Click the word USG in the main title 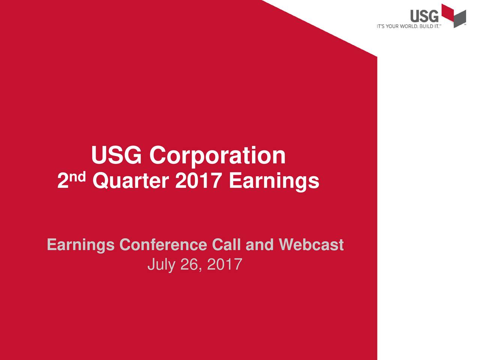(x=117, y=155)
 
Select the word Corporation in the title (x=217, y=156)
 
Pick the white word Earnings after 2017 (x=274, y=181)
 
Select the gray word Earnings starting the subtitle (x=81, y=245)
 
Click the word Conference (x=163, y=245)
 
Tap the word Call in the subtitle (x=226, y=245)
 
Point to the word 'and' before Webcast (x=259, y=245)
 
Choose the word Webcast (x=311, y=245)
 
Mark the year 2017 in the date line (x=224, y=265)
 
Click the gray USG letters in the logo (x=424, y=16)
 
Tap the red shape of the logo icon (x=448, y=13)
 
